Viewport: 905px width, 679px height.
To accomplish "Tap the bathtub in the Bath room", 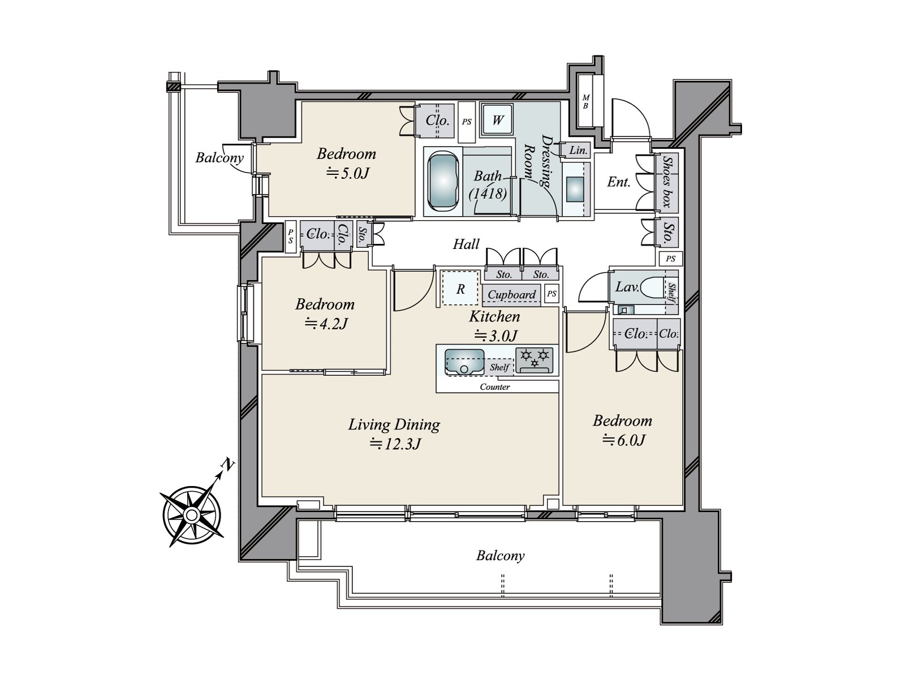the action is point(443,181).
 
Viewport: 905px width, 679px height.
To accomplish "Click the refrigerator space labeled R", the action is point(460,288).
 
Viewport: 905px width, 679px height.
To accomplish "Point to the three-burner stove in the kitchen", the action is point(535,360).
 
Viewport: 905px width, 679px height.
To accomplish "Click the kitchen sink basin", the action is point(464,362).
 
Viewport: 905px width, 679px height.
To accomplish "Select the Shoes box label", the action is point(667,182).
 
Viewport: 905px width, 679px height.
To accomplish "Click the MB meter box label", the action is point(585,101).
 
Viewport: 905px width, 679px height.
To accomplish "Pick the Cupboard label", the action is point(512,294).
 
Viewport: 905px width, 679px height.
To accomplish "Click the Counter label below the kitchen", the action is point(495,386).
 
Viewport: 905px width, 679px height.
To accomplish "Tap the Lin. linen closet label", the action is point(578,151).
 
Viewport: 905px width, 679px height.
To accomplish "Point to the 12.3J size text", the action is point(395,444).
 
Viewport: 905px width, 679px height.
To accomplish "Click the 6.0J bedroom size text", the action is point(623,440).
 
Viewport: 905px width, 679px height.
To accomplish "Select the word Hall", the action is point(466,244).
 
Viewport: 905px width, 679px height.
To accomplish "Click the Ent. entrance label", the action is point(618,182).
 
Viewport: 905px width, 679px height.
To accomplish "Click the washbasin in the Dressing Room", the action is point(575,189).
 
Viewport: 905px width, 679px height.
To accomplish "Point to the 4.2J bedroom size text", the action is point(326,324).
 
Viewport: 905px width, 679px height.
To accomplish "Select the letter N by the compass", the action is point(227,464).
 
